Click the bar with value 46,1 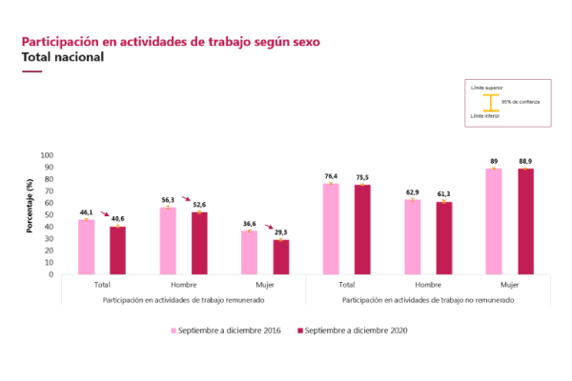pyautogui.click(x=86, y=247)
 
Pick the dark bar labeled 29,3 pyautogui.click(x=281, y=256)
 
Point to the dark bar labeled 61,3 pyautogui.click(x=444, y=237)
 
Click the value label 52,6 pyautogui.click(x=199, y=204)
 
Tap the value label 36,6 pyautogui.click(x=249, y=223)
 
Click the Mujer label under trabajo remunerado pyautogui.click(x=265, y=285)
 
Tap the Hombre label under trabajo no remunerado pyautogui.click(x=428, y=285)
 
